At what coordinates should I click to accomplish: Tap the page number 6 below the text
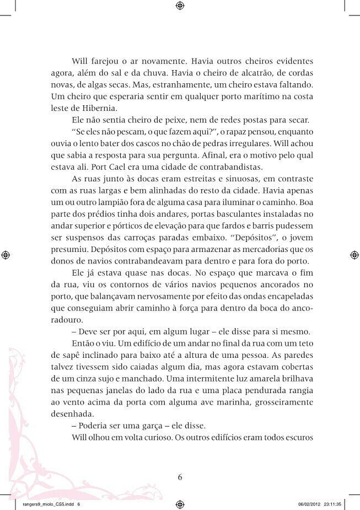click(x=180, y=477)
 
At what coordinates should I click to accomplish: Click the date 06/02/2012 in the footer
click(x=311, y=504)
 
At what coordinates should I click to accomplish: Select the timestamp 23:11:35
click(x=337, y=504)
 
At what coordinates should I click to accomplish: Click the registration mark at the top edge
click(x=180, y=7)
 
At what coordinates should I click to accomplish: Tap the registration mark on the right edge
click(x=353, y=254)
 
